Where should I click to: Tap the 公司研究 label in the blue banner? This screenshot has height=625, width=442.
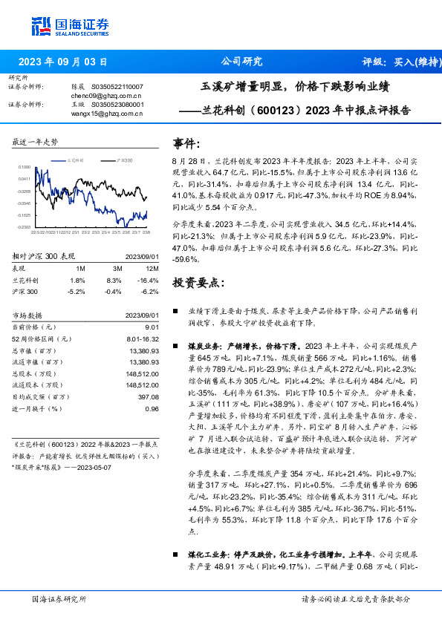tap(242, 62)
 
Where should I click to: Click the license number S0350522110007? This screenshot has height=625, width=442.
tap(117, 87)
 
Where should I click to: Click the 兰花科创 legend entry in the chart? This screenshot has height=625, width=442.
tap(77, 160)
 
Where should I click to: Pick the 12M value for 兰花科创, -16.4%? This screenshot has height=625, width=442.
tap(149, 280)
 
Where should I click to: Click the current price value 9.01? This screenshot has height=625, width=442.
tap(152, 326)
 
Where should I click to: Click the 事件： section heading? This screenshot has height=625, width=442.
tap(186, 143)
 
